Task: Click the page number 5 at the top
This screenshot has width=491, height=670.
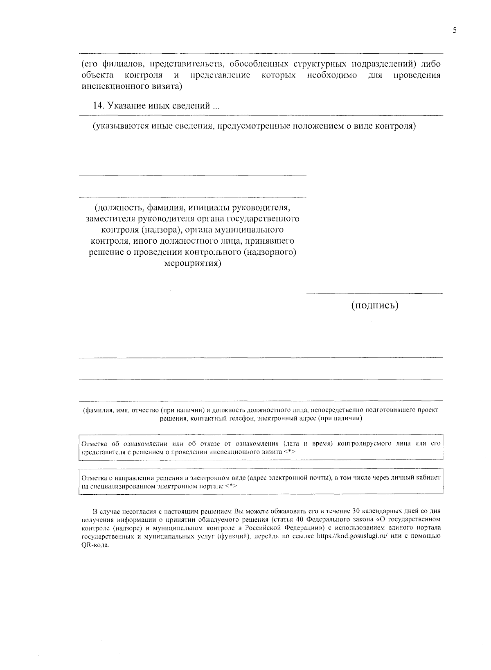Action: (455, 31)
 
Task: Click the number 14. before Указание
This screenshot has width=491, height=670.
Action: (99, 106)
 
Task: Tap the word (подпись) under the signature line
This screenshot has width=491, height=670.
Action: (374, 306)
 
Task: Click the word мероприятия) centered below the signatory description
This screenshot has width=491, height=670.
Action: (193, 263)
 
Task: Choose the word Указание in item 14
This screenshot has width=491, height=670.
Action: (126, 106)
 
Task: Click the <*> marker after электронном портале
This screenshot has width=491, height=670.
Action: (231, 486)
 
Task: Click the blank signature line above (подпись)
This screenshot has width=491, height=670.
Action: (374, 293)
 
